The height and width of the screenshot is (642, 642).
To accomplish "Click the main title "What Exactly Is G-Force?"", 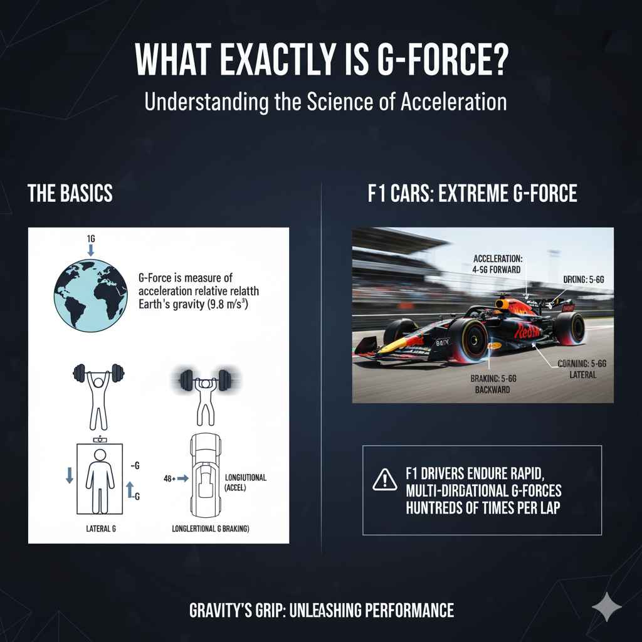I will point(321,61).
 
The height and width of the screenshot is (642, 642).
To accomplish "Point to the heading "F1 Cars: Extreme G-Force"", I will point(472,194).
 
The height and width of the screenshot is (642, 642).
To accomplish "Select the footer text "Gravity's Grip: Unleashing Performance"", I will point(321,609).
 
